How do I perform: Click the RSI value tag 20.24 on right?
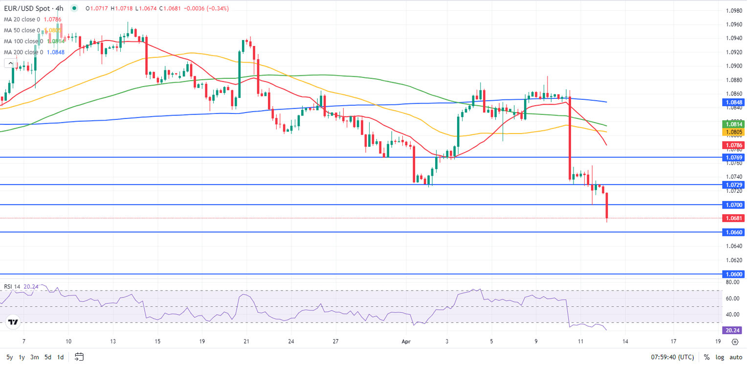click(x=732, y=330)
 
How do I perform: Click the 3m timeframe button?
click(x=34, y=357)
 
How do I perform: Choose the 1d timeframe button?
click(x=61, y=357)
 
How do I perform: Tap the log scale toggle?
click(x=721, y=357)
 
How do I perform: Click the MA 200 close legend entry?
click(x=23, y=52)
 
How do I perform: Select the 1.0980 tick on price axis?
click(x=732, y=11)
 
